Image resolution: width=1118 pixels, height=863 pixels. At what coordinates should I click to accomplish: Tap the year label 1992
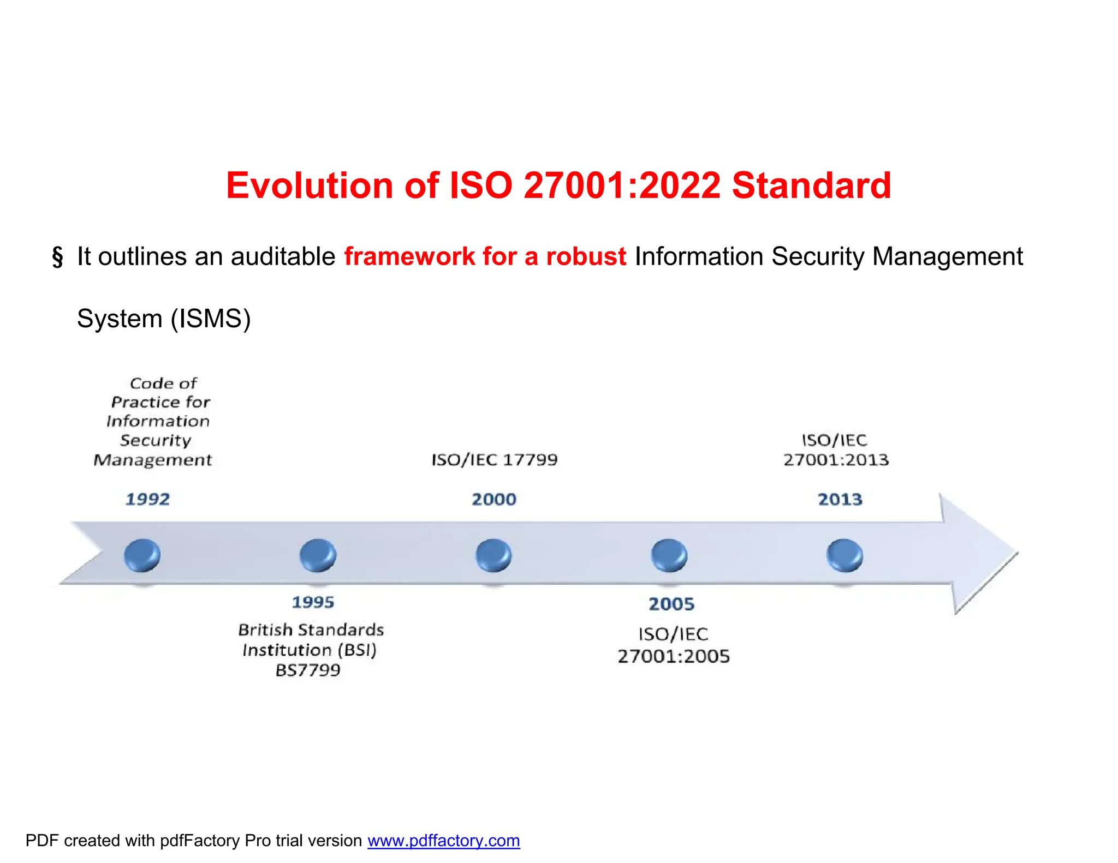(x=147, y=499)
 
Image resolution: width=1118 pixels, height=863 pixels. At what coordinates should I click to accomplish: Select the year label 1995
(x=313, y=602)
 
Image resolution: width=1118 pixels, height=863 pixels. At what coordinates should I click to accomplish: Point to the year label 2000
(x=494, y=499)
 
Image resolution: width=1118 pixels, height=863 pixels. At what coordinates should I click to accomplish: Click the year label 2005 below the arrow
(x=671, y=604)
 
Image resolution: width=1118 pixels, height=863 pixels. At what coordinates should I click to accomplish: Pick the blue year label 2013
(x=840, y=499)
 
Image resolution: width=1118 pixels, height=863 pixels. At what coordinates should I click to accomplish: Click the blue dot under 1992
(x=142, y=555)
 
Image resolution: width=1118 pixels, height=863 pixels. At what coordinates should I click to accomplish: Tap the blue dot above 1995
(x=318, y=555)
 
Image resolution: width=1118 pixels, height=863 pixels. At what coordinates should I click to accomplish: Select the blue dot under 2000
(x=493, y=555)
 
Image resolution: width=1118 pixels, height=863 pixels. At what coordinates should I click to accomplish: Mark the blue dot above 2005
(x=669, y=555)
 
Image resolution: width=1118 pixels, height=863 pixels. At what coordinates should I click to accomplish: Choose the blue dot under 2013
(x=845, y=555)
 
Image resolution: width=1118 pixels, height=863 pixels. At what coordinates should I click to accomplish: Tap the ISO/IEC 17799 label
(x=495, y=460)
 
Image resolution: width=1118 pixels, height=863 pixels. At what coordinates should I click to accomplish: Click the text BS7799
(x=308, y=670)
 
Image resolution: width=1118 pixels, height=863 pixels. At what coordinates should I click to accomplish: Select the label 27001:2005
(x=674, y=656)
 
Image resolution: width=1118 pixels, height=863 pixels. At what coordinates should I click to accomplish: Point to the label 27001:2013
(x=836, y=460)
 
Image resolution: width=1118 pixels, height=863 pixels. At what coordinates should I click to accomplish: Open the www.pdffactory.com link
(x=443, y=841)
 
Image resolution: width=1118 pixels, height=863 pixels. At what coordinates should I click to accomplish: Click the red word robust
(x=586, y=256)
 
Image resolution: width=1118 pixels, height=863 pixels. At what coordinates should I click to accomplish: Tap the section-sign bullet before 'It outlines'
(x=57, y=257)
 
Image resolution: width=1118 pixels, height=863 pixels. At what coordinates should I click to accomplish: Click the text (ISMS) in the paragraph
(x=211, y=319)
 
